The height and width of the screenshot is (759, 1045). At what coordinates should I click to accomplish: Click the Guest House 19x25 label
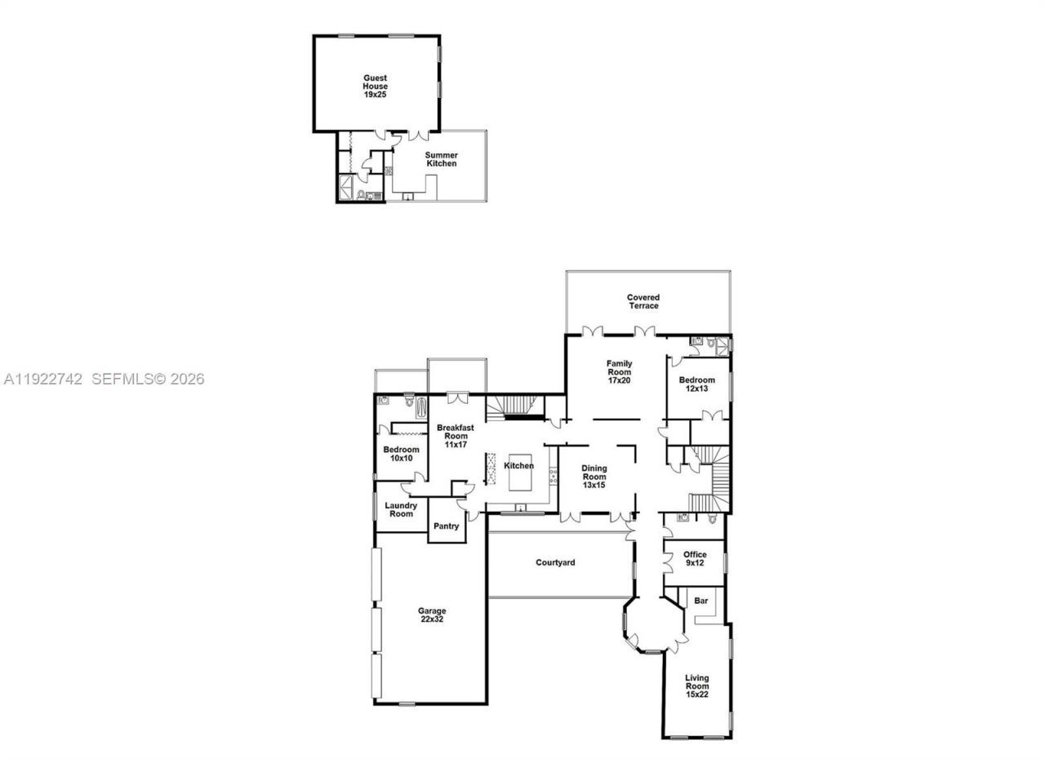[376, 87]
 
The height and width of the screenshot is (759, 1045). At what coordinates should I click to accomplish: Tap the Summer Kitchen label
[441, 159]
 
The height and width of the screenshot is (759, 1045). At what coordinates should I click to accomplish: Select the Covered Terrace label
[643, 301]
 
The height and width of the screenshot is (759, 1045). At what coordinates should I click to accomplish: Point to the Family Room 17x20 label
[619, 372]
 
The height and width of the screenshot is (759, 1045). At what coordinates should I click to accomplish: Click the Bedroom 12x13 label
[697, 384]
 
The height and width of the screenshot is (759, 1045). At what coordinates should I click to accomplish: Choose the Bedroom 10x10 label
[401, 454]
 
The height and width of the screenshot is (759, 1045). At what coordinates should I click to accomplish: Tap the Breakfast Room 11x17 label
[455, 436]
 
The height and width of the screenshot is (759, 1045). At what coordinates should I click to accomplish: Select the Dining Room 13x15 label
[594, 477]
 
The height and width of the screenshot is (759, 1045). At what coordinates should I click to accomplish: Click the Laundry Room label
[401, 509]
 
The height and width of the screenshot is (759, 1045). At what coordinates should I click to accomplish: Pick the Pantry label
[447, 526]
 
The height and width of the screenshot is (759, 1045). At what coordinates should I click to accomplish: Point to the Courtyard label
[555, 562]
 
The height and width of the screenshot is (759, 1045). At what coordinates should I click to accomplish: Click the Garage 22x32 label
[432, 615]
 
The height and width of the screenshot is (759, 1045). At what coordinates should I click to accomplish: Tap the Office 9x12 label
[695, 559]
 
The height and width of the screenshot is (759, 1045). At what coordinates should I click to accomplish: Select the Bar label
[700, 601]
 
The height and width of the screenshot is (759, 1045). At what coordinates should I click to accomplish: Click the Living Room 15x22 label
[696, 686]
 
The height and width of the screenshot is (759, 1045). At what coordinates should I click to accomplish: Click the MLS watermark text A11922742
[43, 379]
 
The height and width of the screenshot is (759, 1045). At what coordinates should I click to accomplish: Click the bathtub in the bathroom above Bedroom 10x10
[421, 406]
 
